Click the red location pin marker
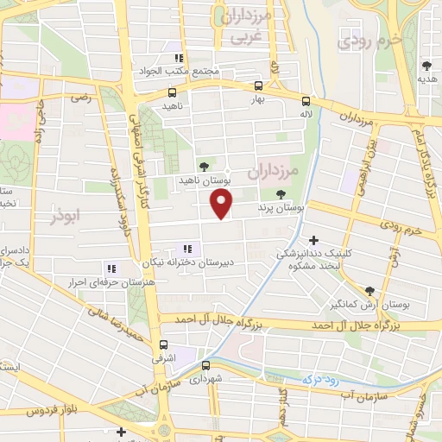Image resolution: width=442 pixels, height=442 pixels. pyautogui.click(x=222, y=204)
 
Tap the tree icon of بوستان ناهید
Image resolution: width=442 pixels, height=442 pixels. pyautogui.click(x=204, y=167)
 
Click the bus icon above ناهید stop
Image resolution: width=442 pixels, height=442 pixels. pyautogui.click(x=173, y=92)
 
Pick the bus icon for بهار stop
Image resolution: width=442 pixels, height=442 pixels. pyautogui.click(x=258, y=85)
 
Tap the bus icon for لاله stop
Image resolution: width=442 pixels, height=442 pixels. pyautogui.click(x=305, y=101)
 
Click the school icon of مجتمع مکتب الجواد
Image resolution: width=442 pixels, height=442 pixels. pyautogui.click(x=179, y=58)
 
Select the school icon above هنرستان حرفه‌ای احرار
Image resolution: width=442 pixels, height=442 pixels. pyautogui.click(x=110, y=268)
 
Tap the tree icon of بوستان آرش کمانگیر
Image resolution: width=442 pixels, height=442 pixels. pyautogui.click(x=369, y=291)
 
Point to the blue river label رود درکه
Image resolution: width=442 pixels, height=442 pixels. pyautogui.click(x=319, y=378)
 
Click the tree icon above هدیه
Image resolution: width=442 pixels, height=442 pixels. pyautogui.click(x=426, y=66)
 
